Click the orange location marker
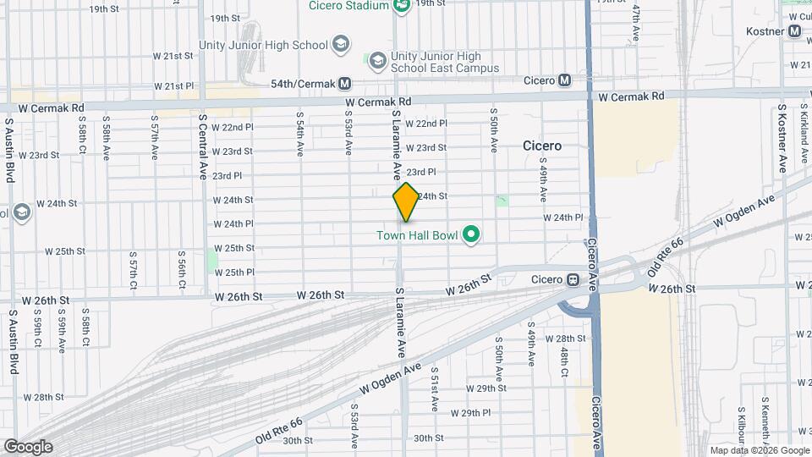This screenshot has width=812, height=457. [406, 201]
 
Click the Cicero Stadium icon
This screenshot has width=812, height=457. [402, 5]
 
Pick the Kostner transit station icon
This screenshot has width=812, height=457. [794, 31]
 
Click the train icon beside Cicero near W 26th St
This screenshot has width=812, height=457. [573, 279]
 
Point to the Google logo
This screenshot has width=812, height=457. [28, 446]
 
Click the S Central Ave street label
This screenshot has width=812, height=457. [203, 146]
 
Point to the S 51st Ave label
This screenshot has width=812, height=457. [435, 388]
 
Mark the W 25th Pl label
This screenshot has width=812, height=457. [234, 272]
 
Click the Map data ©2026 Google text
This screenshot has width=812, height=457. [759, 450]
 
